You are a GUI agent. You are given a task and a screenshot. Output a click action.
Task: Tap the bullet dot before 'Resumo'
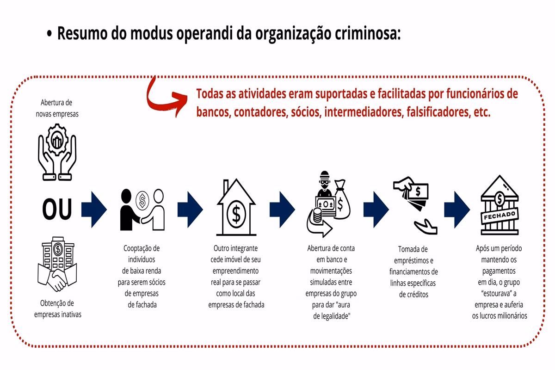pos(49,33)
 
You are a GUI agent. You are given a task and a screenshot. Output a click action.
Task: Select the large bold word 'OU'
pos(57,209)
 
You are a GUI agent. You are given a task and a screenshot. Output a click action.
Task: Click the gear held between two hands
pos(57,140)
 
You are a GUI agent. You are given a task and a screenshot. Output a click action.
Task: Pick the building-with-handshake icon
pos(57,264)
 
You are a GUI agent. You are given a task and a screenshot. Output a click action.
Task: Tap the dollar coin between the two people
pos(142,200)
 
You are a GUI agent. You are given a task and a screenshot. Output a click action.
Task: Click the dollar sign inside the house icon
pos(236,214)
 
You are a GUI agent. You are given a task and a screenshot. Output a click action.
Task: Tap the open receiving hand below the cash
pos(425,226)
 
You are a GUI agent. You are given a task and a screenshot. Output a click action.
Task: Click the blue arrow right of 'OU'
pos(94,210)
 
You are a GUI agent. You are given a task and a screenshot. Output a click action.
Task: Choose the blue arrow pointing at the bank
pos(457,210)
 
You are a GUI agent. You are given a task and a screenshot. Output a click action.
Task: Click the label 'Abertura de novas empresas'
pos(57,108)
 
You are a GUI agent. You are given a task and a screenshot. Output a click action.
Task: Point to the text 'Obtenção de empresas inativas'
pos(57,308)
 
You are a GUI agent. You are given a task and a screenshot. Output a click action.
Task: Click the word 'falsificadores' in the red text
pos(438,112)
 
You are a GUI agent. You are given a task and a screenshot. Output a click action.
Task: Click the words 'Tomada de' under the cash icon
pos(413,249)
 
